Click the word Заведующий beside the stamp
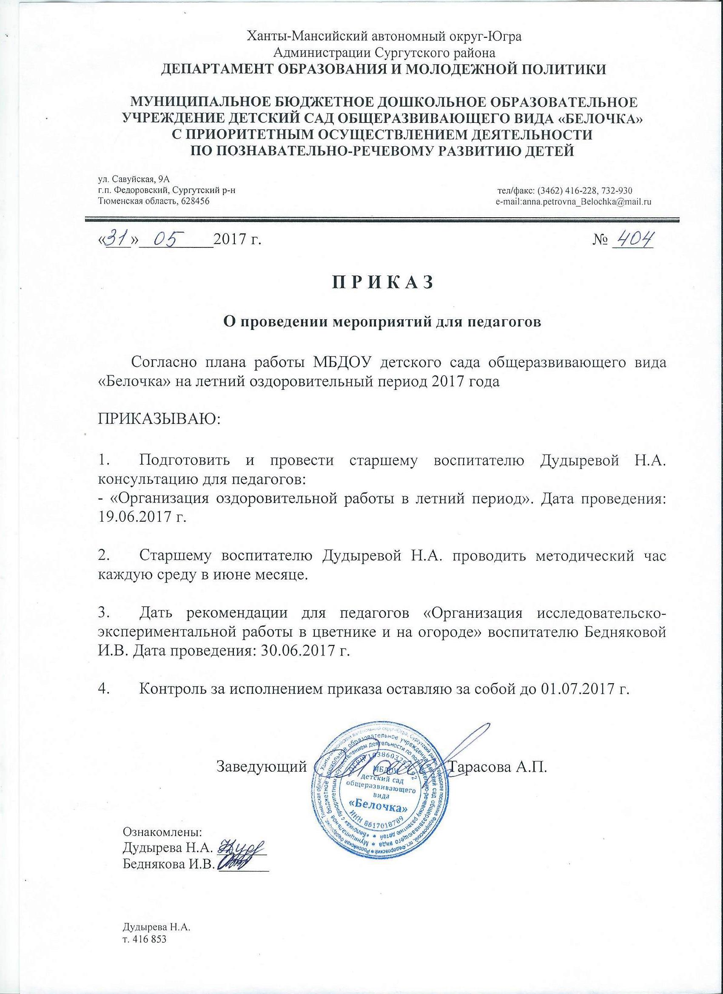(262, 778)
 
